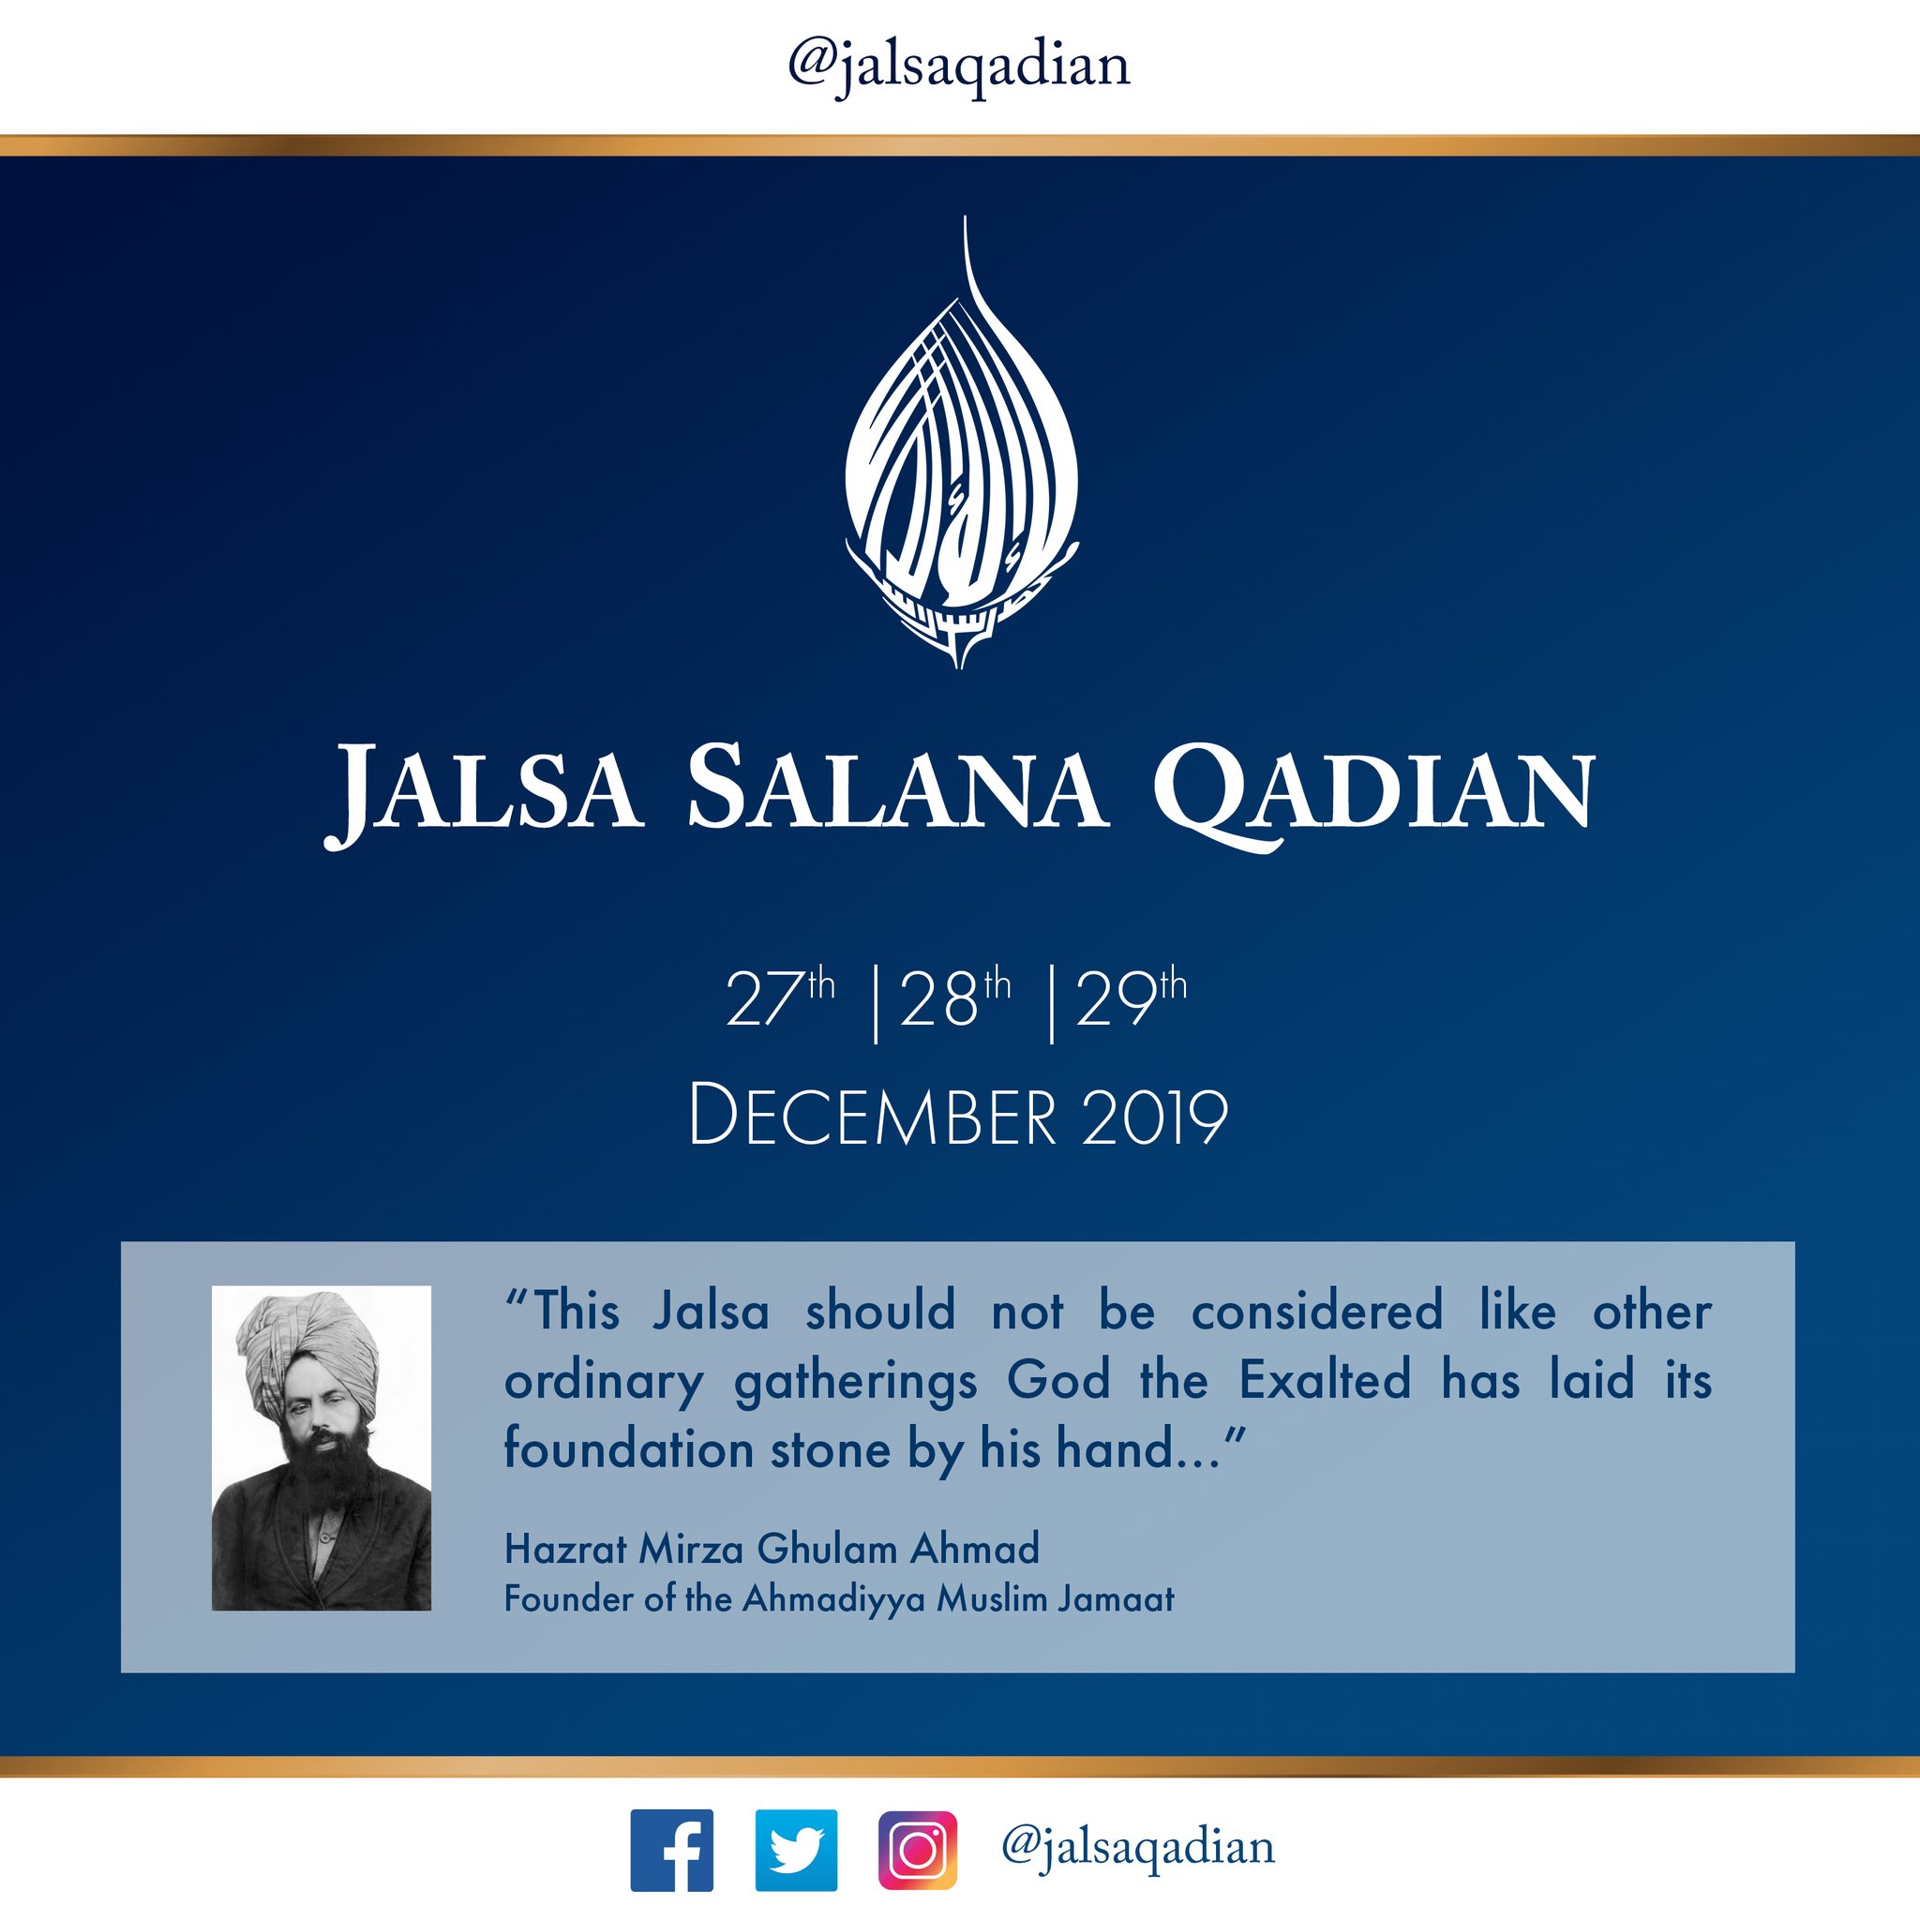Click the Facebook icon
click(x=672, y=1851)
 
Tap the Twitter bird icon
click(x=796, y=1851)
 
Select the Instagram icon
click(x=918, y=1851)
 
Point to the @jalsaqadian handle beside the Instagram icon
click(x=1138, y=1848)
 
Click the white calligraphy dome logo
click(x=961, y=442)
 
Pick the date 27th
click(x=780, y=997)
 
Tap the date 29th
click(x=1131, y=997)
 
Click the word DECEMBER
click(x=872, y=1117)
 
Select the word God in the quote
click(x=1058, y=1380)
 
